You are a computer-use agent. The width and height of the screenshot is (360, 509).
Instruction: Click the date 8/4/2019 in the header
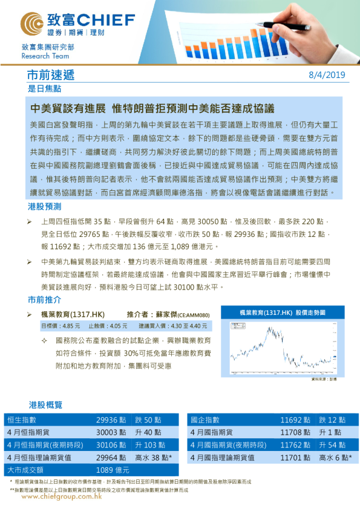(326, 76)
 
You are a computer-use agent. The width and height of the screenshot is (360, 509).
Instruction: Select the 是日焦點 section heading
(44, 88)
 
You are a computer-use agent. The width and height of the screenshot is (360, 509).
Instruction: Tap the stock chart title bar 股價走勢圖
(282, 313)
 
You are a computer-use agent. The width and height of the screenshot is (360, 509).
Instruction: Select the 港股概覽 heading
(45, 404)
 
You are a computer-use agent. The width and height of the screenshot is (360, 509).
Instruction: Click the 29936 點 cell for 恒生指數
(111, 420)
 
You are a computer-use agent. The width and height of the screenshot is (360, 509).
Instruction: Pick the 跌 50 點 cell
(148, 420)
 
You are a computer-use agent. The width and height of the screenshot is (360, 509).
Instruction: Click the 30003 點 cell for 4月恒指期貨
(111, 432)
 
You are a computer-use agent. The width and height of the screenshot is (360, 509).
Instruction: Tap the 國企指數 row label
(205, 420)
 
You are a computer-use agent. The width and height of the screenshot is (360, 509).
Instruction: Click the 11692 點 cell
(295, 420)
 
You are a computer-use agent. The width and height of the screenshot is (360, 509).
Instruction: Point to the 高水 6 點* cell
(335, 457)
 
